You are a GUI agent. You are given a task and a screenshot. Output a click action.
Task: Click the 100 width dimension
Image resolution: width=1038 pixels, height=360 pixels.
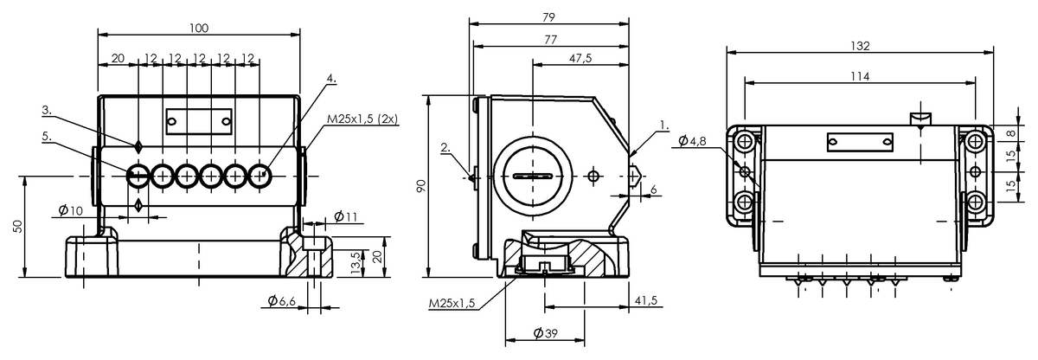(199, 29)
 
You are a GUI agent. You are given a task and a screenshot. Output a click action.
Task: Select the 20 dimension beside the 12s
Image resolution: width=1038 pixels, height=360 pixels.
(119, 58)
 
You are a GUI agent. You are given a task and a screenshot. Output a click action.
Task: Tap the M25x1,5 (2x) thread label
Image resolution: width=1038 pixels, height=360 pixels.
(362, 119)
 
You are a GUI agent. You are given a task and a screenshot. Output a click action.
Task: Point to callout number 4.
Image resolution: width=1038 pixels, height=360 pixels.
(331, 78)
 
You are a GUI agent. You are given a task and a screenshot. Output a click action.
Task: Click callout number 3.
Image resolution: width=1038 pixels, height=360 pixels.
(47, 110)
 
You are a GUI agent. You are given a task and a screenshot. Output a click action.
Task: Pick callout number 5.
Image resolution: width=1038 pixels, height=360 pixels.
(47, 136)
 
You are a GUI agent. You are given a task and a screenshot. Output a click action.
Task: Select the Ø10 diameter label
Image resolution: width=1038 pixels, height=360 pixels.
(71, 211)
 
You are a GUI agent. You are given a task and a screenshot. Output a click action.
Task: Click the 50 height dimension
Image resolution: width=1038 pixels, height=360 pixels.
(17, 226)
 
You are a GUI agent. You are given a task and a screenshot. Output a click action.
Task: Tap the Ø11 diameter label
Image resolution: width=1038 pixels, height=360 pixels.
(345, 215)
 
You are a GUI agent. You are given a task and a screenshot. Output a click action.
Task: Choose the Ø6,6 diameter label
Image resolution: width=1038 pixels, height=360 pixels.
(282, 300)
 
